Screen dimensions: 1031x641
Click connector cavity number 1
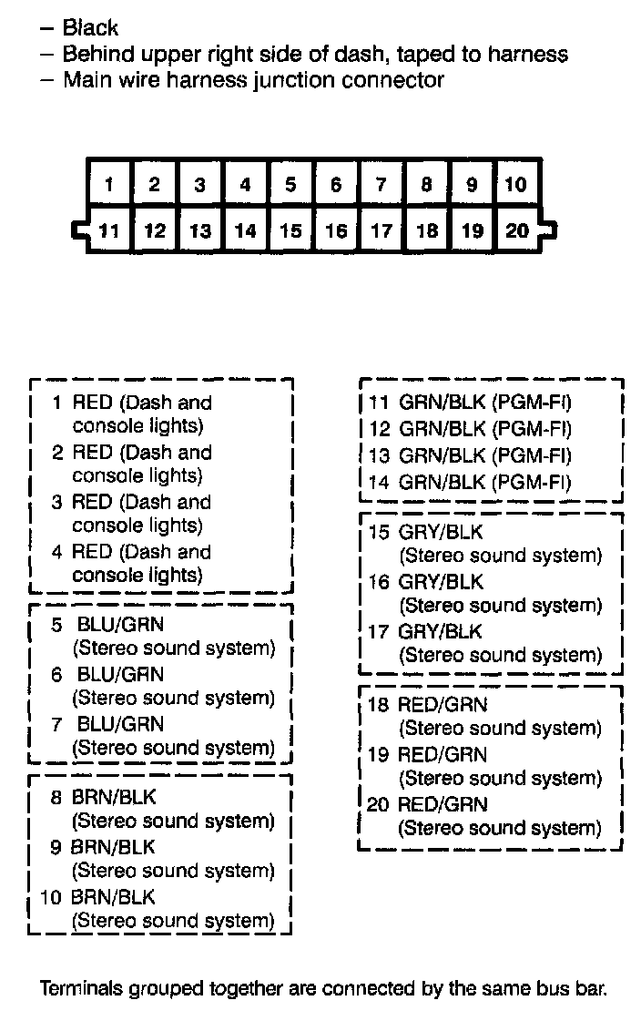click(x=109, y=185)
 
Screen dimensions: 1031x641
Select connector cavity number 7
click(x=382, y=185)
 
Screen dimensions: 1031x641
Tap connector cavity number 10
click(x=516, y=185)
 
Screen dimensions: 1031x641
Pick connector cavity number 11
click(x=109, y=230)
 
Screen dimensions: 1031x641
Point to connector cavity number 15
click(x=290, y=230)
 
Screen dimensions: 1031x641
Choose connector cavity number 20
click(x=516, y=230)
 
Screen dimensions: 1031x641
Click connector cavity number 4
click(x=245, y=185)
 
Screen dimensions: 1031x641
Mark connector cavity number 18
click(x=426, y=230)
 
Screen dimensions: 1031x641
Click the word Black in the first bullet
click(x=90, y=29)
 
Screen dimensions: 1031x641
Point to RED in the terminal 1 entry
click(x=92, y=403)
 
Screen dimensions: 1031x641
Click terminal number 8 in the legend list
click(x=56, y=798)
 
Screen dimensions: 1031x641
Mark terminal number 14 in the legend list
click(x=379, y=482)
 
